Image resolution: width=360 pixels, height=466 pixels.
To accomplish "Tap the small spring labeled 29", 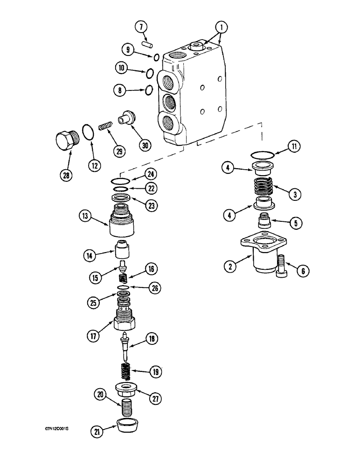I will click(x=106, y=126).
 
